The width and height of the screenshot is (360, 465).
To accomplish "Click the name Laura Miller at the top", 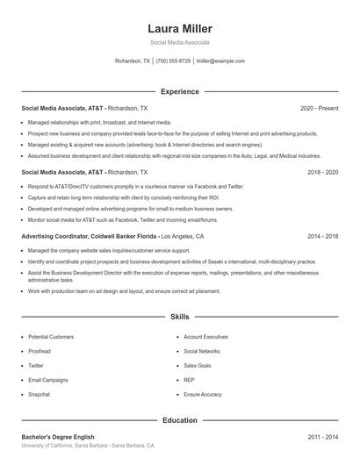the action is click(180, 29).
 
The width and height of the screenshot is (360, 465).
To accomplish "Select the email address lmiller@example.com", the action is click(220, 61).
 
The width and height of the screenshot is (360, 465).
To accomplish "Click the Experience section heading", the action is click(180, 91).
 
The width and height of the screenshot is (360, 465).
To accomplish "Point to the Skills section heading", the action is click(180, 316).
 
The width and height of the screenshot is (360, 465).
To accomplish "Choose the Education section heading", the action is click(180, 420).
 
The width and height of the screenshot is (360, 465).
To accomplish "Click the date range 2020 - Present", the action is click(319, 108).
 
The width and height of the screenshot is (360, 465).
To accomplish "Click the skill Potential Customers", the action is click(51, 337).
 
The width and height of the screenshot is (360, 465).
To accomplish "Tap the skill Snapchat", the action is click(40, 395).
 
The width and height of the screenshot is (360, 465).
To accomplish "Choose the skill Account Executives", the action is click(205, 337).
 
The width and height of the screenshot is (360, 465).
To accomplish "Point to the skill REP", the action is click(189, 380).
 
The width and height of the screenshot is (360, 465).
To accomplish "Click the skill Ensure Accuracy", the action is click(203, 395).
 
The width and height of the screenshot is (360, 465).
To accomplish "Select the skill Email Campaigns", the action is click(47, 380).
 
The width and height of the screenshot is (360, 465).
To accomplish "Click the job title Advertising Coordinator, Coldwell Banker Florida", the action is click(89, 237).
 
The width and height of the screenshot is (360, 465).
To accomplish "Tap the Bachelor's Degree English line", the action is click(58, 436).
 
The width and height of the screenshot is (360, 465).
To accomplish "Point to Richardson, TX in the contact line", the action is click(133, 61).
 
